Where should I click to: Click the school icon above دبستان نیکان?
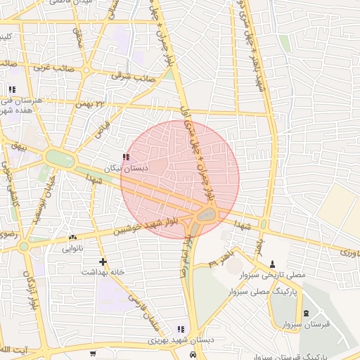(x=126, y=157)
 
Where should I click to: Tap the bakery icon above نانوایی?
(x=73, y=238)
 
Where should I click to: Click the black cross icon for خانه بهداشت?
(x=103, y=261)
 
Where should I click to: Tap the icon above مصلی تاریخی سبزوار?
(x=273, y=264)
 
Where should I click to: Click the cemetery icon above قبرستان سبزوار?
(x=305, y=313)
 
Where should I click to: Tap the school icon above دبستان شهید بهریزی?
(x=181, y=329)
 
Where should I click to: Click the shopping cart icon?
(x=93, y=353)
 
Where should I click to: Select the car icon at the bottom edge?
(x=193, y=355)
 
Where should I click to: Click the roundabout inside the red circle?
(x=206, y=215)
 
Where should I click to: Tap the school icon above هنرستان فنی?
(x=11, y=89)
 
